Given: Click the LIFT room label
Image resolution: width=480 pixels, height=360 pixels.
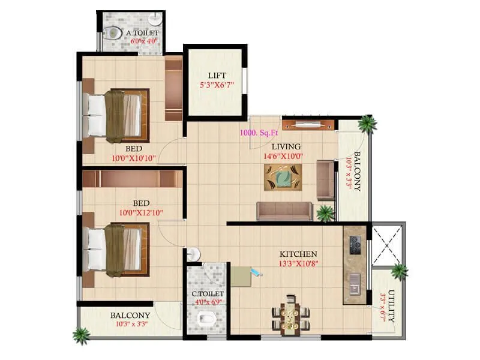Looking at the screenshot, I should (217, 75).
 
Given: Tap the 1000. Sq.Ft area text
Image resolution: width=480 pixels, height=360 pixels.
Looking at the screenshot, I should (257, 133).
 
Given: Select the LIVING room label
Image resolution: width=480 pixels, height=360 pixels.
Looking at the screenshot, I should (286, 146).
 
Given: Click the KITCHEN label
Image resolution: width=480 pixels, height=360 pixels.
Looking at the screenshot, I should (298, 254).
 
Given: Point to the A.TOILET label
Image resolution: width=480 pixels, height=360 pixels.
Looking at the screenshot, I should (142, 32).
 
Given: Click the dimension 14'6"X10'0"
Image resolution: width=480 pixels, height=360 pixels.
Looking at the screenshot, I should (283, 157).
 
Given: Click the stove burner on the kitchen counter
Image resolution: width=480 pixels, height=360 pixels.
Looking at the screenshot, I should (355, 244).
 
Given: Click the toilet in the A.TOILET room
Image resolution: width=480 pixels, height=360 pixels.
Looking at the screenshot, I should (112, 34).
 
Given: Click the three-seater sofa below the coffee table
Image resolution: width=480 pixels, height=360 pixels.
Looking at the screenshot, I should (284, 210).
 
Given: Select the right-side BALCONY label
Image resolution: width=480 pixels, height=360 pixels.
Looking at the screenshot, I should (356, 172).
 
